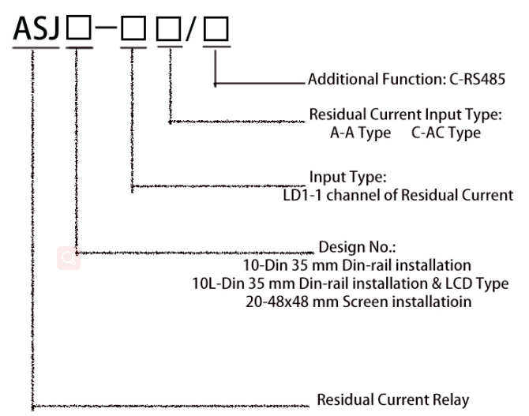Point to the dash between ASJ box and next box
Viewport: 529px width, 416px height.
tap(107, 31)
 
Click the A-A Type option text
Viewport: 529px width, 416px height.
tap(360, 133)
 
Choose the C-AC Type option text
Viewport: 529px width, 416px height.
tap(446, 133)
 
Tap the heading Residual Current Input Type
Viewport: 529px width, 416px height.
tap(405, 115)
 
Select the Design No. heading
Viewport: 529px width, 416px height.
tap(351, 246)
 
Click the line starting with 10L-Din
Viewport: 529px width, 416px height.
tap(375, 283)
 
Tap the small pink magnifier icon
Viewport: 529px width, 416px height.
tap(68, 258)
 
